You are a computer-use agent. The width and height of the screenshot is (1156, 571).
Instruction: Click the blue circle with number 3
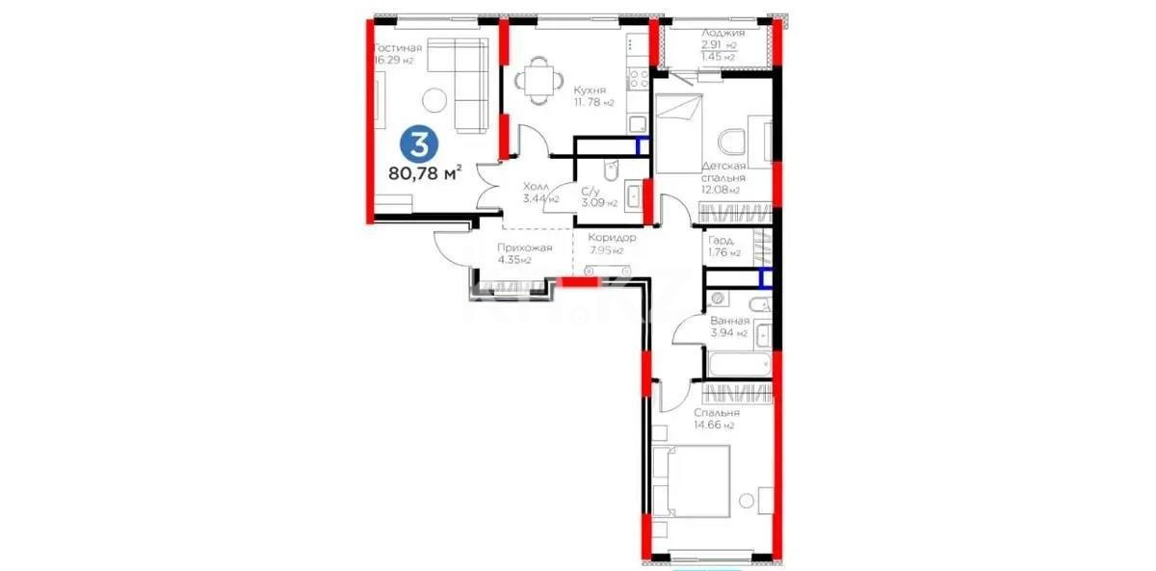point(419,144)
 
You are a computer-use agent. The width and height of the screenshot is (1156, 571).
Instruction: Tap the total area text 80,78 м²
point(425,174)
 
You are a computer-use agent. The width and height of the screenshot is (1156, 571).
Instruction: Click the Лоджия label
point(722,32)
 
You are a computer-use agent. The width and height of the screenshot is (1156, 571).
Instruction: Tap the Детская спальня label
point(723,171)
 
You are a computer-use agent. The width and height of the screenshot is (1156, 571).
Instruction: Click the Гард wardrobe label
point(722,241)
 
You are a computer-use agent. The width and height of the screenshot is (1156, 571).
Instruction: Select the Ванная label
point(728,321)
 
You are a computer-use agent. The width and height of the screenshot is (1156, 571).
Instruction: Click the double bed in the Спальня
point(692,485)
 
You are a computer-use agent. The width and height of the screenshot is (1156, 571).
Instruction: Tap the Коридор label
point(612,238)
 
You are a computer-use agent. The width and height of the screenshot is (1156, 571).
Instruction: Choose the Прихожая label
point(524,247)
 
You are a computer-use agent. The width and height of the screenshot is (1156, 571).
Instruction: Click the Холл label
point(537,187)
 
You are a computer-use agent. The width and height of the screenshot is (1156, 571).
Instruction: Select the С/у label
point(591,192)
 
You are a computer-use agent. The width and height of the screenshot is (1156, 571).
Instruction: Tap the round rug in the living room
point(434,98)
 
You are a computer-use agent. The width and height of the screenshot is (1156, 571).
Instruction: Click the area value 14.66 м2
point(714,425)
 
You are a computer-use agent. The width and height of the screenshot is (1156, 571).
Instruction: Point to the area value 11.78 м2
point(594,103)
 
